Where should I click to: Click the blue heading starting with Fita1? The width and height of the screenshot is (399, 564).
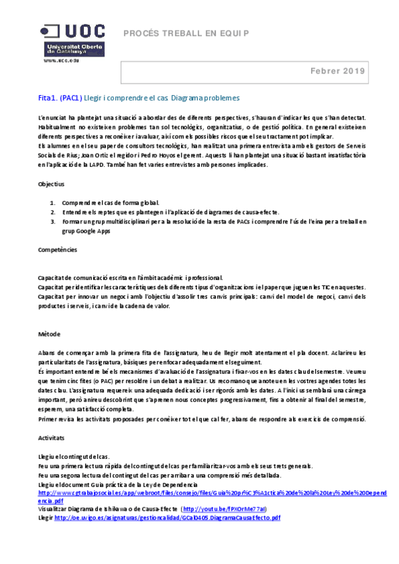139,98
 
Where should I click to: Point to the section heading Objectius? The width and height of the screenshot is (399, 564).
51,183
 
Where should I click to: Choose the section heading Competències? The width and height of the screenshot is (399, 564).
57,249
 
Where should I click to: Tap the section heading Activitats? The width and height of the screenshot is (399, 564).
51,439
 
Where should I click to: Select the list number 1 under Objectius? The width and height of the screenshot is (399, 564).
53,202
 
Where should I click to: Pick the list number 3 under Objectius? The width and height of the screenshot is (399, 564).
53,221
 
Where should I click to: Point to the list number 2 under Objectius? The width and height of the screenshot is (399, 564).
53,211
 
